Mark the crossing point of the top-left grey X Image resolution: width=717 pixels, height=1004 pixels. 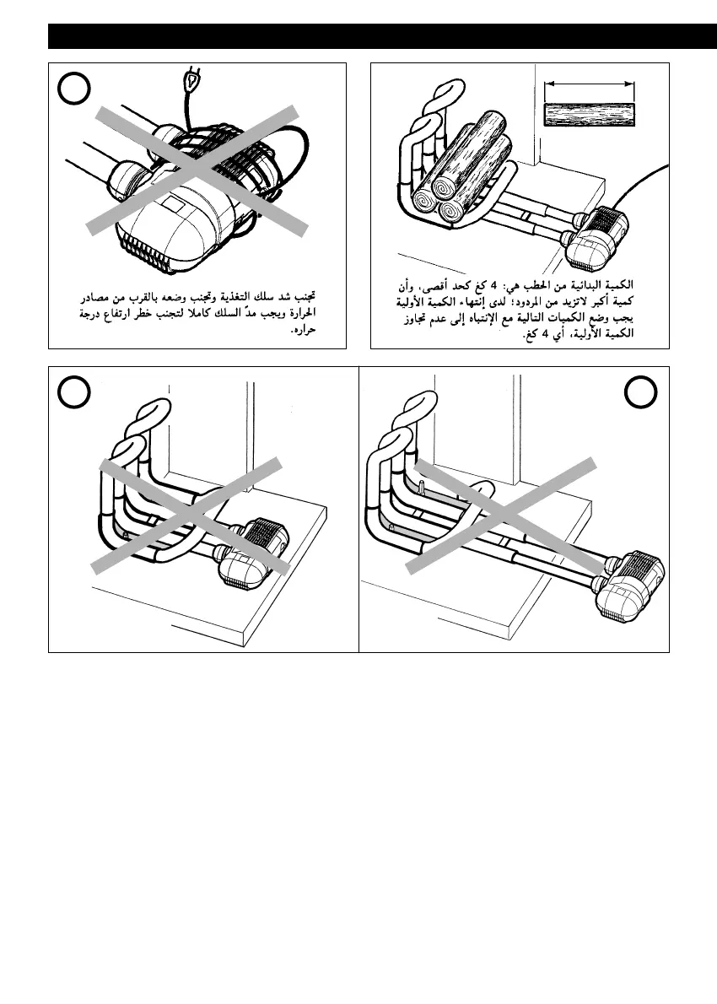point(196,168)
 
